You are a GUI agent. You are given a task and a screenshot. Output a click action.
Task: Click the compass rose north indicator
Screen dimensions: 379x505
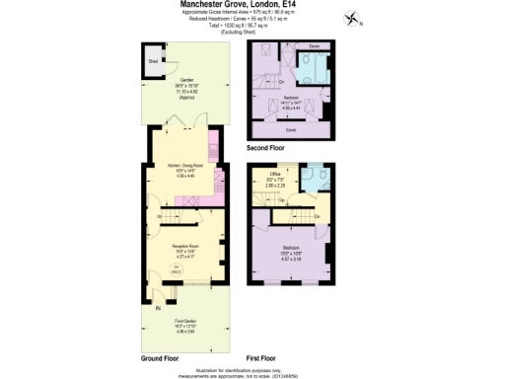click(x=354, y=17)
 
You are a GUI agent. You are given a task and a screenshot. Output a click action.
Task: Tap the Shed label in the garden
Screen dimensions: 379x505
click(x=153, y=60)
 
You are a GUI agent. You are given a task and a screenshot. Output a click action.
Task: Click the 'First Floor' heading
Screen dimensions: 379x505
click(x=261, y=357)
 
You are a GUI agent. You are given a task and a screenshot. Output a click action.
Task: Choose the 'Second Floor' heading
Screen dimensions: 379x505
click(x=267, y=148)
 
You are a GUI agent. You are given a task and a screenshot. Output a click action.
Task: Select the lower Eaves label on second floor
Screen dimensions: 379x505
click(x=291, y=129)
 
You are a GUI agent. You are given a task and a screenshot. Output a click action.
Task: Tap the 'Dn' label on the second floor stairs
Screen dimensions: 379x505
click(x=281, y=81)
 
